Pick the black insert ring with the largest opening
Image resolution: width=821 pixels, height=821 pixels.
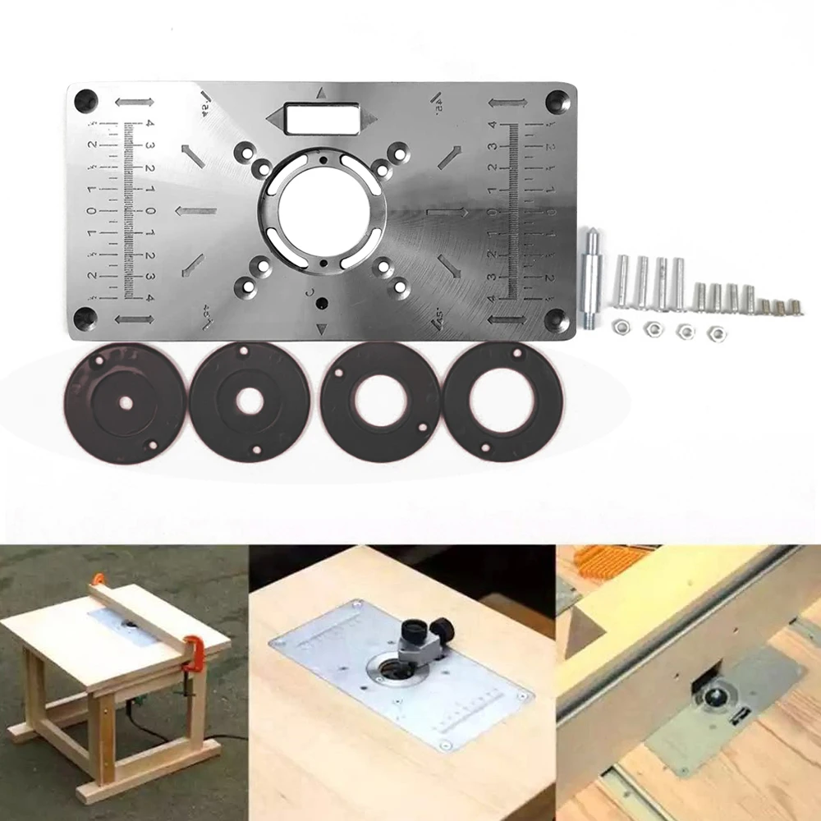502,402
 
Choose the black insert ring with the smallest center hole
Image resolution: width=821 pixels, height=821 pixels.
126,402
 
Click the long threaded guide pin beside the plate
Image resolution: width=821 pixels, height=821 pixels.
589,278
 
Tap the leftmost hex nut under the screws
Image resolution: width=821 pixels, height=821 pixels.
621,328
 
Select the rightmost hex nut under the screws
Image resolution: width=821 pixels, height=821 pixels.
717,332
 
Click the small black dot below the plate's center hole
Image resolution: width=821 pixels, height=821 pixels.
321,303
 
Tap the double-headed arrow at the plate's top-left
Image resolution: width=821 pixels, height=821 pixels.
134,103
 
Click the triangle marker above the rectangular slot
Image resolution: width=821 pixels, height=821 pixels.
321,94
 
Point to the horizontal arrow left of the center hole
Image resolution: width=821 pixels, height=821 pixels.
195,211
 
